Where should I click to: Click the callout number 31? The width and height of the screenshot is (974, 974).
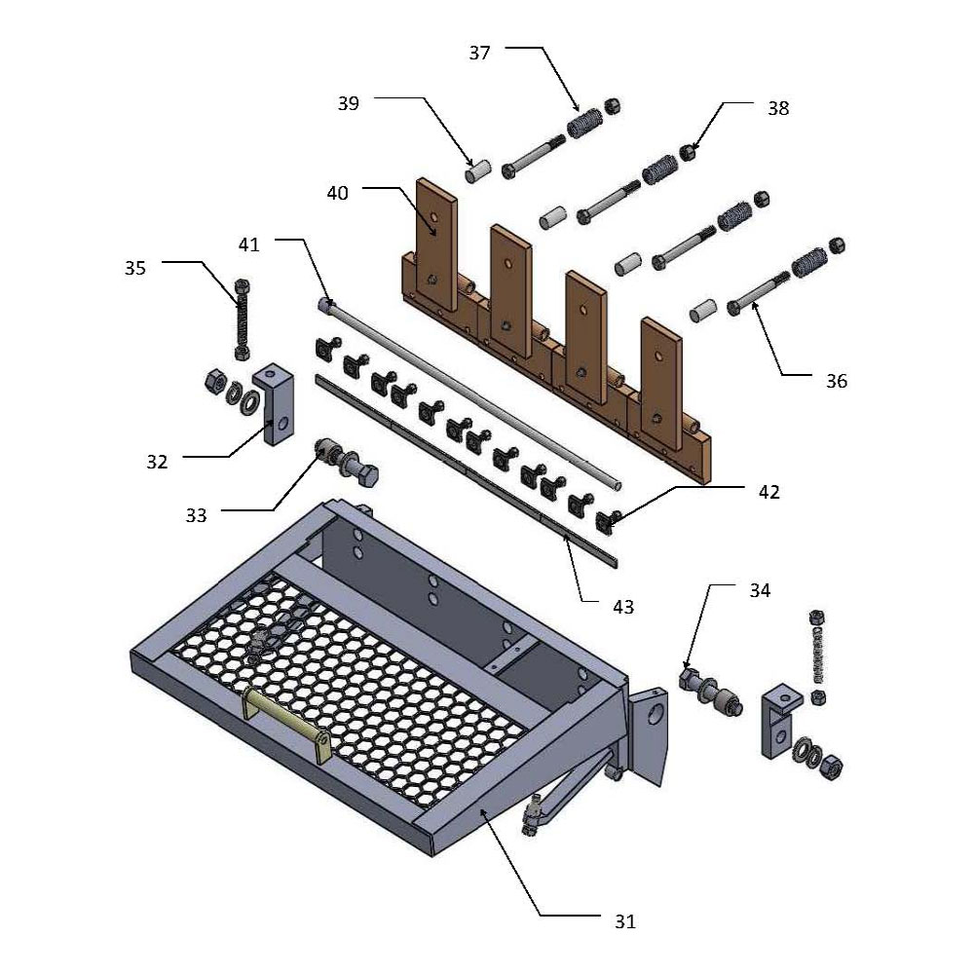(624, 919)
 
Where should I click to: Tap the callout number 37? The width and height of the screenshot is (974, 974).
(479, 53)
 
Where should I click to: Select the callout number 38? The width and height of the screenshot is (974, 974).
(777, 108)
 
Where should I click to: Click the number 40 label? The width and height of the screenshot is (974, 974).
(337, 194)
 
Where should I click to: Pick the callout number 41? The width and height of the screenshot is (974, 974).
(249, 244)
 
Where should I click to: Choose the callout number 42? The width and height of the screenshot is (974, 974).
(768, 493)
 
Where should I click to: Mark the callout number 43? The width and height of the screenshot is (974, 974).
(622, 606)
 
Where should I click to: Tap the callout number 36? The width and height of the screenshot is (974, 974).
(836, 381)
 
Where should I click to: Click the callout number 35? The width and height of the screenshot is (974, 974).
(134, 267)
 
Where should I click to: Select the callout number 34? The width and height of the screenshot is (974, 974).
(760, 590)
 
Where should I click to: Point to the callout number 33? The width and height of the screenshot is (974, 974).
(196, 515)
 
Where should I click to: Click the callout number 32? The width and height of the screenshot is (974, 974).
(156, 462)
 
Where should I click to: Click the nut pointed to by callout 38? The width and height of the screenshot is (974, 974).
(691, 152)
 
